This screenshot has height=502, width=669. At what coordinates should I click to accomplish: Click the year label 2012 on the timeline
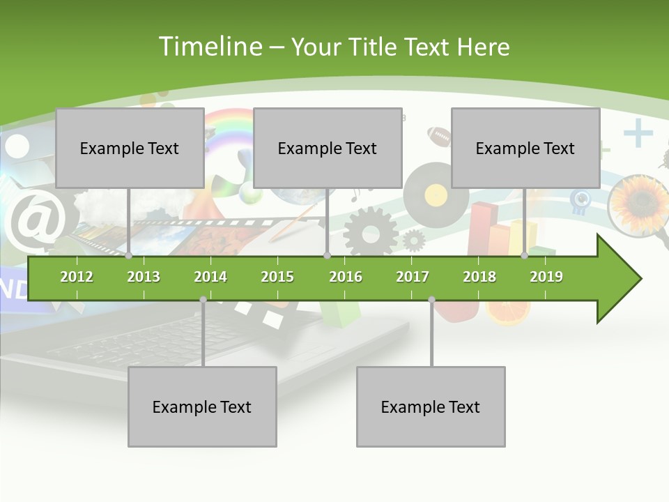pos(77,277)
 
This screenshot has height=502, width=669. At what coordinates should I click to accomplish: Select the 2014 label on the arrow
pos(210,277)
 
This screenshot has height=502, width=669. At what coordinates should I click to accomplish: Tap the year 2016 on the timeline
pos(346,277)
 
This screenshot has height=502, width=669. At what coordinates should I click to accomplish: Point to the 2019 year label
pos(546,277)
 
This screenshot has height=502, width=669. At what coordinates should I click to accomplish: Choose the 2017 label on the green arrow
pos(413,277)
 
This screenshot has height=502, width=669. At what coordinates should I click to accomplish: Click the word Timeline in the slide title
pos(209,47)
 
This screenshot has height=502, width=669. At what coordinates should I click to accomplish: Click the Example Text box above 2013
pos(130,148)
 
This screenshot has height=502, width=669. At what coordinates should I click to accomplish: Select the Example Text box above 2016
pos(328,148)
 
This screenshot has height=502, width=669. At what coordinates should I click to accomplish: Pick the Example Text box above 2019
pos(525,148)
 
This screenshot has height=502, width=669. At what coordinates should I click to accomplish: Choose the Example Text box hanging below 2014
pos(202,406)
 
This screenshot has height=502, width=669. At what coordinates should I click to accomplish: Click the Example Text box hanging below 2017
pos(431,406)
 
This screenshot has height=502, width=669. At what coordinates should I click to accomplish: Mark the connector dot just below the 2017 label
pos(431,300)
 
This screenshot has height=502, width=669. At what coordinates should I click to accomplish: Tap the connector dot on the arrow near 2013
pos(129,256)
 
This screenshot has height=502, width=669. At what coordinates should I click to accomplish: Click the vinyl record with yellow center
pos(436,193)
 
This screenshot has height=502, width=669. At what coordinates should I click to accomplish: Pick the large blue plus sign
pos(638,133)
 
